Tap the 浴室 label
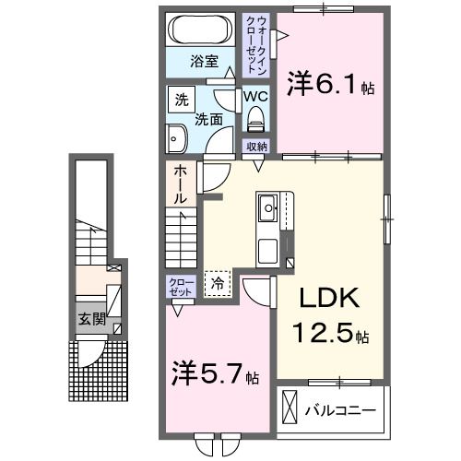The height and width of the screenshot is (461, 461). [205, 62]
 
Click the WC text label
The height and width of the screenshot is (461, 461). [255, 96]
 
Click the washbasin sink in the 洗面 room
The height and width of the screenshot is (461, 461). [177, 139]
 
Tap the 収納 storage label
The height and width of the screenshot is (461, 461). [255, 148]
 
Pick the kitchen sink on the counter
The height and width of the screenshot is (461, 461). [268, 208]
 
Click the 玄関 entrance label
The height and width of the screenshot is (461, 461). [90, 321]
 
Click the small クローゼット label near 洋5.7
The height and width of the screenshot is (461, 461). [180, 286]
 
